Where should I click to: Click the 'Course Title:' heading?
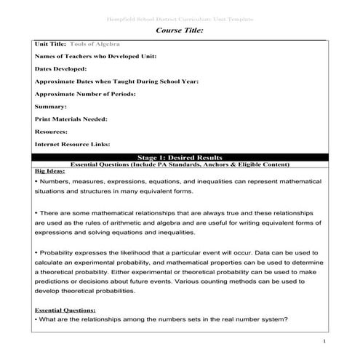pos(180,31)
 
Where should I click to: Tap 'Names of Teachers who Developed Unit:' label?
pos(95,56)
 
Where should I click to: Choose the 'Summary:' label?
pos(51,106)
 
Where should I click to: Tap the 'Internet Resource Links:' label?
pos(73,144)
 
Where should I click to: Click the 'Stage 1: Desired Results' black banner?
pos(180,156)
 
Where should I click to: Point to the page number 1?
pos(323,340)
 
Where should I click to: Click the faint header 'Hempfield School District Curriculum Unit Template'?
pos(180,18)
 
